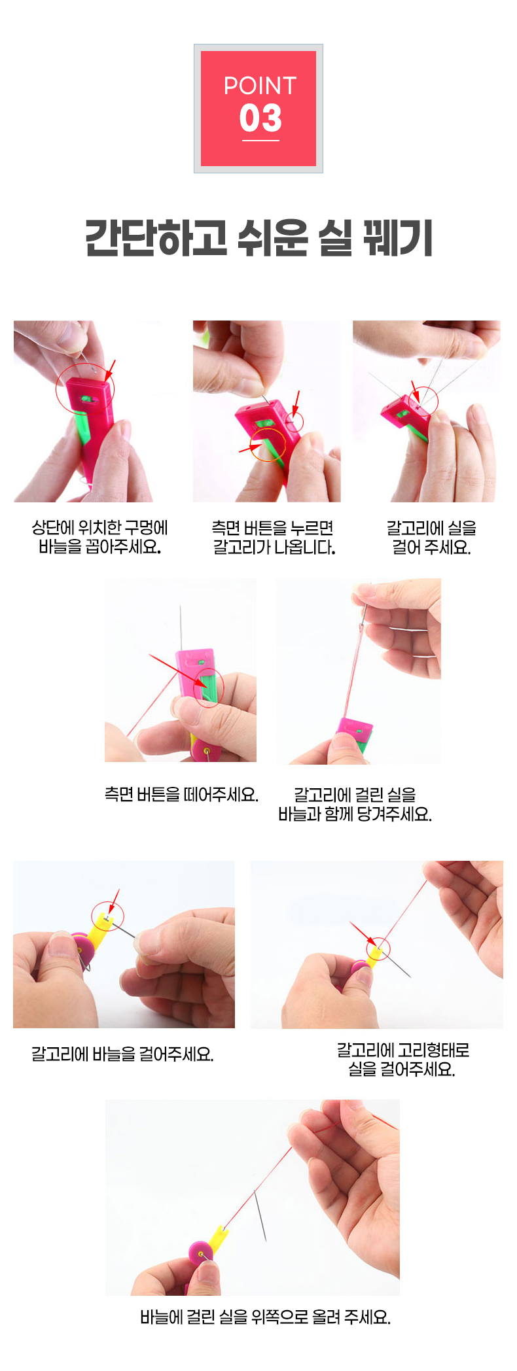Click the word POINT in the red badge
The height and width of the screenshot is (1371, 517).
(x=260, y=86)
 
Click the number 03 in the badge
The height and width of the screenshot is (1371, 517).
(x=260, y=118)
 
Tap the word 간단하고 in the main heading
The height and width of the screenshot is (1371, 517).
(x=156, y=237)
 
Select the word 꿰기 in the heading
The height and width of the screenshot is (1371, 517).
(x=398, y=237)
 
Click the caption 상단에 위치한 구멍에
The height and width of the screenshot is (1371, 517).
(x=99, y=527)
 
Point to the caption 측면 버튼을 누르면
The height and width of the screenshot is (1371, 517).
(x=273, y=527)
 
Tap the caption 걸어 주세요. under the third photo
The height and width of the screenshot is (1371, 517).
(x=431, y=547)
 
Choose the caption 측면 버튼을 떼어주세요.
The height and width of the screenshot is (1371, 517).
(x=181, y=794)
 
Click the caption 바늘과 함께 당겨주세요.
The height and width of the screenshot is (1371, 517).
(x=355, y=814)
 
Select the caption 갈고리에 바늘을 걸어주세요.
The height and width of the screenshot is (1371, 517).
(x=122, y=1054)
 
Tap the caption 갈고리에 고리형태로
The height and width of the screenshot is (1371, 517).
(x=403, y=1050)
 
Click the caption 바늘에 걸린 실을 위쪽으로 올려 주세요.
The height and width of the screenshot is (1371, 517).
(x=265, y=1317)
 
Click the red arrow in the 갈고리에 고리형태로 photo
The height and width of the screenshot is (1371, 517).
(x=364, y=934)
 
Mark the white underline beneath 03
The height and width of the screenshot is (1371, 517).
(x=260, y=140)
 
